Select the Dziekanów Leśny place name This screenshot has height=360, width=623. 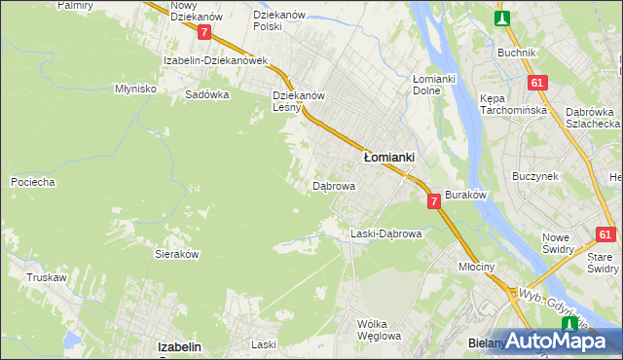coord(299,102)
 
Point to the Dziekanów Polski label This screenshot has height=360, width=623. coord(279,21)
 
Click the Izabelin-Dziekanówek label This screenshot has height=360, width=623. coord(215,60)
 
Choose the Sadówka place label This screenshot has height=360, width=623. coord(206,95)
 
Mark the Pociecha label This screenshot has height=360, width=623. coord(32,182)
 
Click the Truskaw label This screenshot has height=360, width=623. coord(47,277)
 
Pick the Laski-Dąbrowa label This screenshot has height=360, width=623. coord(385,234)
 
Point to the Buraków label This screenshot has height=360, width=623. coord(465,196)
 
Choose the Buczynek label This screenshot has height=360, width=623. coord(534,176)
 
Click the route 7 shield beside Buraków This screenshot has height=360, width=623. coord(433,200)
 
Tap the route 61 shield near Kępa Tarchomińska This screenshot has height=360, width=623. coord(536,84)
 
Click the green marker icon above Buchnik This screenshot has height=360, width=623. coord(502,18)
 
